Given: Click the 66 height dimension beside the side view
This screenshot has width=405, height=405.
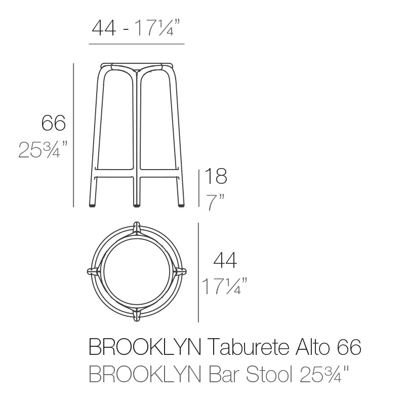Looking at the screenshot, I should click(x=54, y=123).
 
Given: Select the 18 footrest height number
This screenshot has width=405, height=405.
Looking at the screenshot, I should click(x=215, y=177).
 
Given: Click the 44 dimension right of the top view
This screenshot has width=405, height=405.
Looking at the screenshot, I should click(x=225, y=260).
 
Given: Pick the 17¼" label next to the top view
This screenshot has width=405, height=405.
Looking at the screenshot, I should click(x=224, y=287).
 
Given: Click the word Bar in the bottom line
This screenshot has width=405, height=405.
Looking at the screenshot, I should click(x=223, y=375).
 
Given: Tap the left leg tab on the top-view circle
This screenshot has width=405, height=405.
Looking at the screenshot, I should click(x=93, y=271).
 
